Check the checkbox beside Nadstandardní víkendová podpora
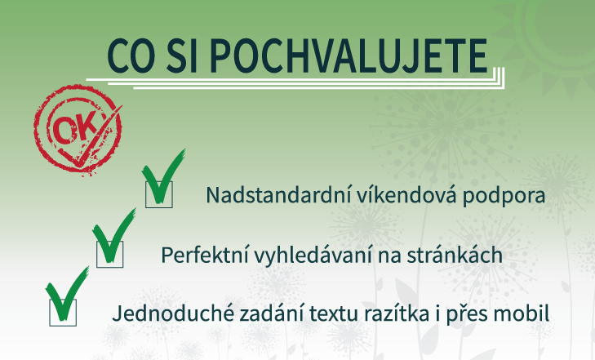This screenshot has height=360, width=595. click(159, 194)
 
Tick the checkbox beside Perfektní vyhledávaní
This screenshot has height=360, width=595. click(110, 253)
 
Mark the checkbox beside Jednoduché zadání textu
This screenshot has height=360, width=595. click(63, 312)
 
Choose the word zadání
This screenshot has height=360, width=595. click(260, 312)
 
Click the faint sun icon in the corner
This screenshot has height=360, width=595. click(555, 33)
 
